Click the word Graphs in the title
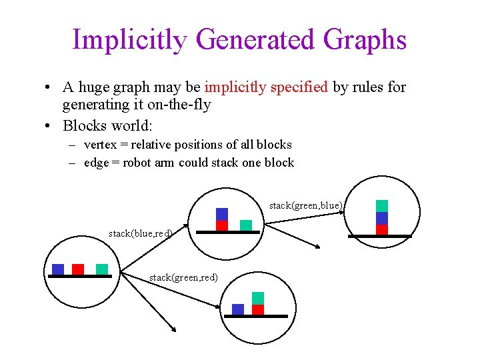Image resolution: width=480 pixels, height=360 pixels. coord(365,40)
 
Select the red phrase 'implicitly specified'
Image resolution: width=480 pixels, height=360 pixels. coord(266,87)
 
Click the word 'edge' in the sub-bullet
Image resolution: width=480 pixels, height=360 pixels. coord(96,162)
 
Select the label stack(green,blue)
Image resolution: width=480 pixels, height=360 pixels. coord(306,205)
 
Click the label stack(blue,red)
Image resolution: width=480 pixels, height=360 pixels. coord(141,233)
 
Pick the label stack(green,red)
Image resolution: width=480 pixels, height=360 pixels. coord(183,277)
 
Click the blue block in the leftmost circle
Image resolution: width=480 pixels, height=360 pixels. coord(58,269)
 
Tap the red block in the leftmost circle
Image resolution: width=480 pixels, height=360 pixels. coord(78,269)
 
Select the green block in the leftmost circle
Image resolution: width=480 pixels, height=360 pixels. coord(102,269)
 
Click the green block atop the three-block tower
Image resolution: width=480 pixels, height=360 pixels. coord(382,206)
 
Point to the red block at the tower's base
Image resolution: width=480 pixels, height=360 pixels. coord(382,229)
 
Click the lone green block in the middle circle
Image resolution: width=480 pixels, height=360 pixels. coord(246,225)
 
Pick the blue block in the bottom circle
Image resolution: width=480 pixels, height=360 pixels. coord(238,309)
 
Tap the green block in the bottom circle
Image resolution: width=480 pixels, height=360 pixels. coord(258,298)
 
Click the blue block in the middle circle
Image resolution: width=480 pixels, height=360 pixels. coord(222,214)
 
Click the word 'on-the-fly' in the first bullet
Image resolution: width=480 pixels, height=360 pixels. coord(181,105)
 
